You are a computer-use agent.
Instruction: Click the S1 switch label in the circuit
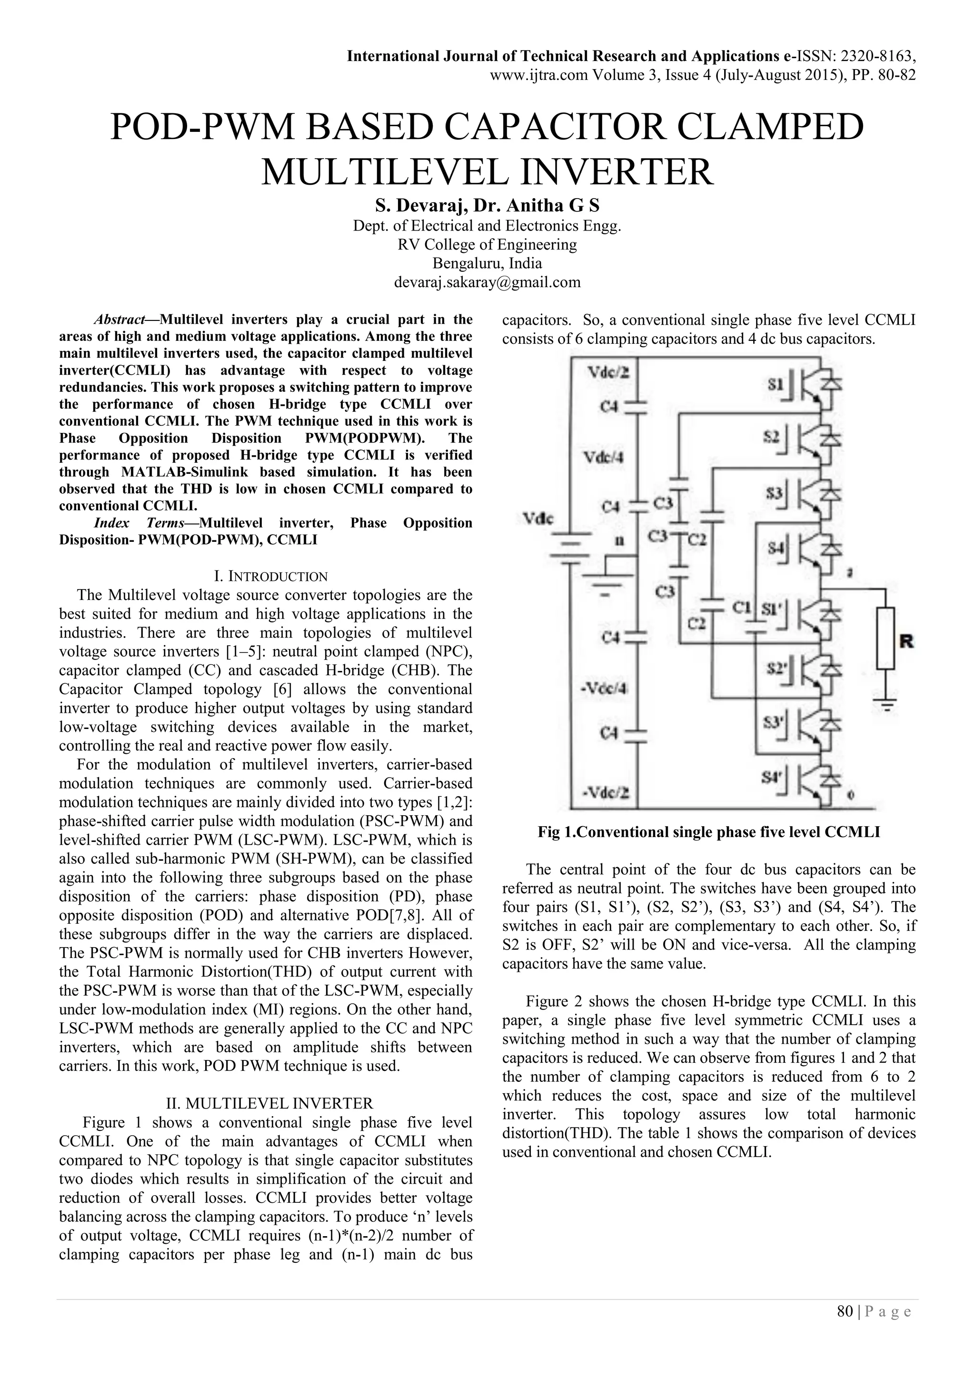point(776,383)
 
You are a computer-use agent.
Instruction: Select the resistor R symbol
point(885,638)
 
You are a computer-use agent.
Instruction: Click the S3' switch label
point(772,721)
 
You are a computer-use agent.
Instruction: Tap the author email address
point(487,282)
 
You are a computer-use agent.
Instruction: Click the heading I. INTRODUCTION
point(271,577)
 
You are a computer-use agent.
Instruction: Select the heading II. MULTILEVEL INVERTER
point(269,1103)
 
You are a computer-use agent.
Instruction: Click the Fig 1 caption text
point(708,832)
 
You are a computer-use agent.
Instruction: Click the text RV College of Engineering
point(487,244)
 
